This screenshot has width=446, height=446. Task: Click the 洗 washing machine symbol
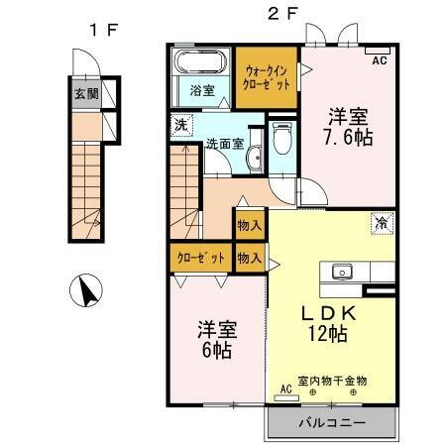(x=179, y=125)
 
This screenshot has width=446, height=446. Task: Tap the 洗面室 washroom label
(x=224, y=144)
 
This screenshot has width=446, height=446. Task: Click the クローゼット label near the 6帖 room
(x=201, y=258)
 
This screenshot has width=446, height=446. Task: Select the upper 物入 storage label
(x=249, y=225)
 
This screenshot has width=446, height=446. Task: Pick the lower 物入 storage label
(x=249, y=258)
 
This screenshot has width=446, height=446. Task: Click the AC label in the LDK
(x=285, y=390)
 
